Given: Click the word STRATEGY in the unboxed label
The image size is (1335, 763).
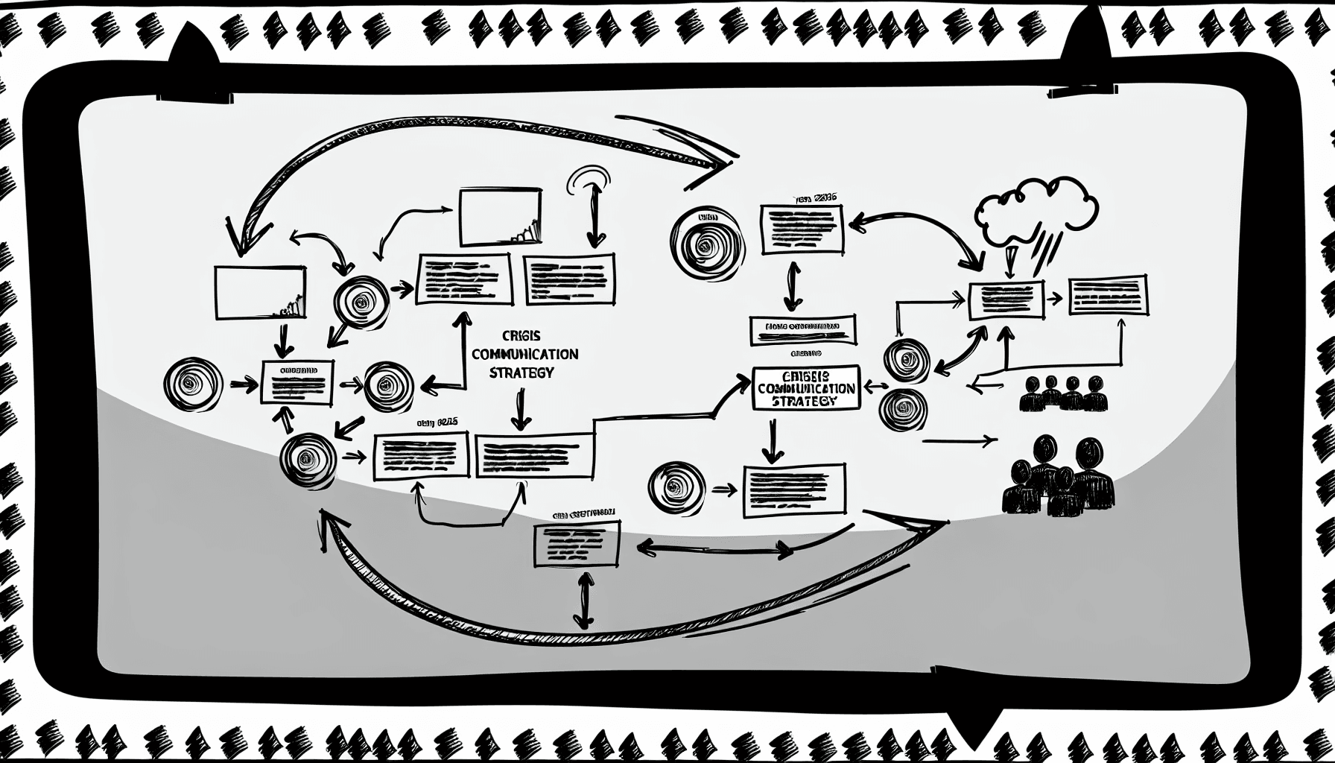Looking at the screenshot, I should point(521,373).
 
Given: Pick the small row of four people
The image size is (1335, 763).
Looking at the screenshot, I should point(1062,393).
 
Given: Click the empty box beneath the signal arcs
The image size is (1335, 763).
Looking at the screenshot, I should point(500,217).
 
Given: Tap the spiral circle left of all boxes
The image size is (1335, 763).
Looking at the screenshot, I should point(192,384).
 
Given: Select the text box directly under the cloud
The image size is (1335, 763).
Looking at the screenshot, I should point(1006,300).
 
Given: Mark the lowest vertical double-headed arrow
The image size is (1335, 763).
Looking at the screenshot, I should point(585,600).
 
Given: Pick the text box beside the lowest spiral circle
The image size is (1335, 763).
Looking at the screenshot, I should point(794,490).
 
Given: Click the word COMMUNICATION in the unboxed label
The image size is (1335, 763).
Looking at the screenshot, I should point(524,355).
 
